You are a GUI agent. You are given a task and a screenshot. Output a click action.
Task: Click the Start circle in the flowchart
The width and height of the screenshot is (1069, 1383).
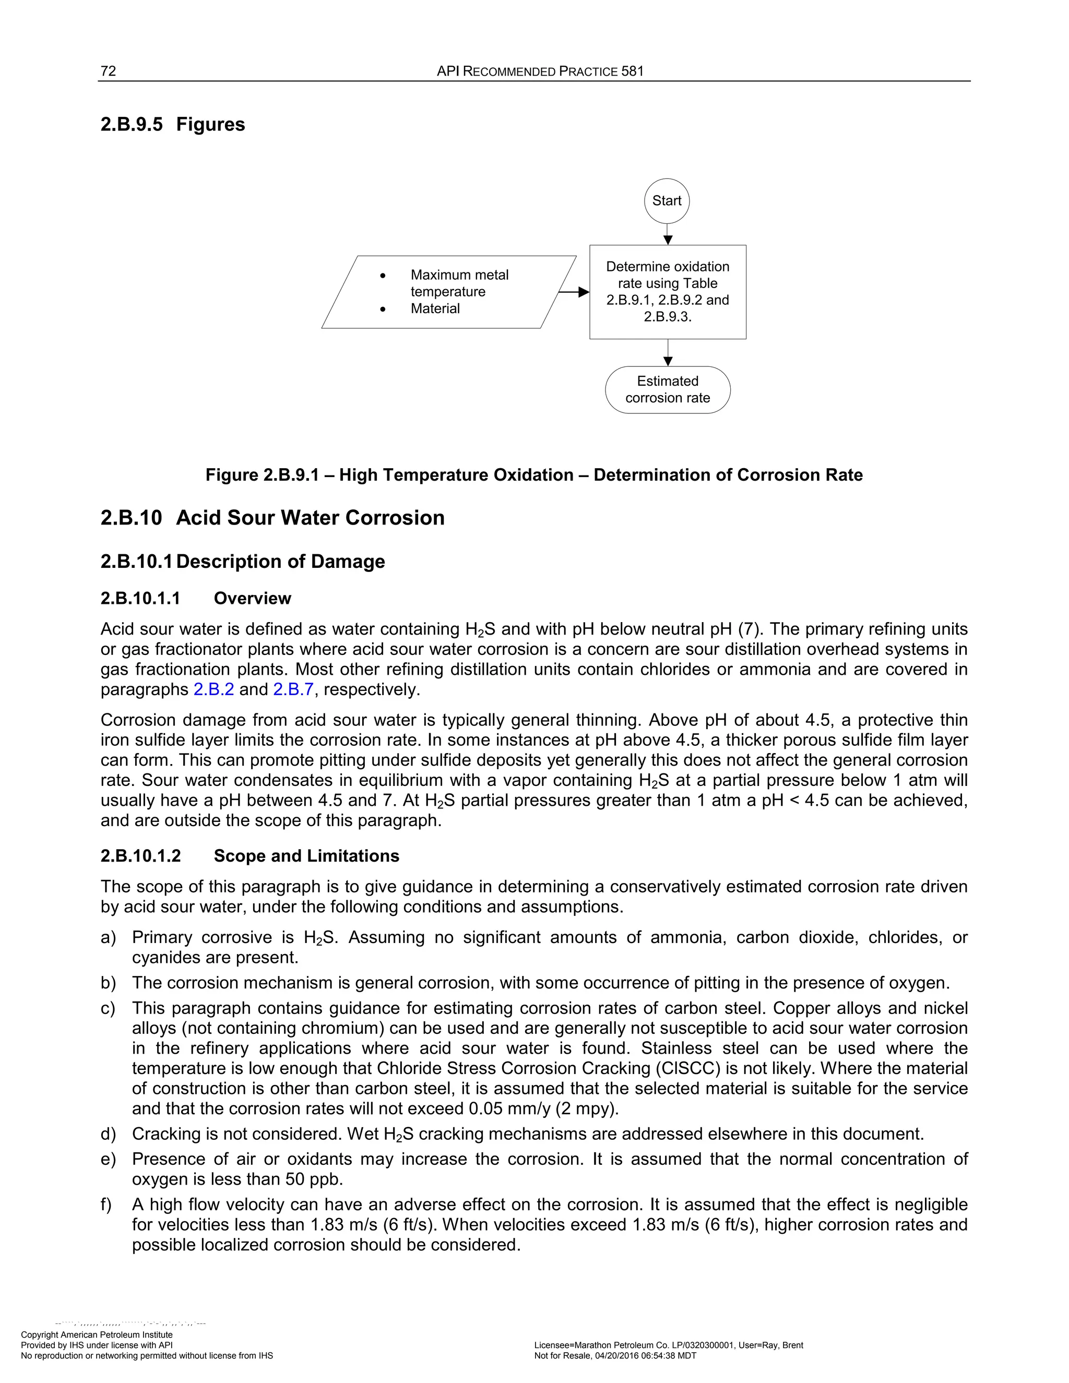tap(667, 201)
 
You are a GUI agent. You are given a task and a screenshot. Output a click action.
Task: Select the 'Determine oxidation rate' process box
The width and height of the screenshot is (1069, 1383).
tap(668, 292)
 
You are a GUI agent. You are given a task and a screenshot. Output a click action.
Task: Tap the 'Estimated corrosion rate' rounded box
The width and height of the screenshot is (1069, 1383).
tap(668, 389)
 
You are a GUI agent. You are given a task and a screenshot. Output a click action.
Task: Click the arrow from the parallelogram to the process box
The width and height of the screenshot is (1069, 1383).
tap(573, 292)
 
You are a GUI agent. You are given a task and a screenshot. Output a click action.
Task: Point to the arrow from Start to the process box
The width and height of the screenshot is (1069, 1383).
tap(668, 234)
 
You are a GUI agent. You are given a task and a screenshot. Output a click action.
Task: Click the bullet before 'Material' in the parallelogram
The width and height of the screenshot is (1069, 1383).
tap(382, 309)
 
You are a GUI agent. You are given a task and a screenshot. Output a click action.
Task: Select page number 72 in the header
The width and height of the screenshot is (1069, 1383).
tap(108, 71)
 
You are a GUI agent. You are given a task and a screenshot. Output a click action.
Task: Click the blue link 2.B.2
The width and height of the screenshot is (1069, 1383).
tap(213, 689)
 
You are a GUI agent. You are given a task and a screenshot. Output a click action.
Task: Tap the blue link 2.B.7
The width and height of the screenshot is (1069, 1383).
tap(293, 689)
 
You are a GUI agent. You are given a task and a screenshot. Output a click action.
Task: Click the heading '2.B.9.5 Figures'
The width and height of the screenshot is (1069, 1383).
tap(172, 124)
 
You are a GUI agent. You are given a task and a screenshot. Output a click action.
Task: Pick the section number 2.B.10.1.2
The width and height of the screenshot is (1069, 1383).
tap(140, 856)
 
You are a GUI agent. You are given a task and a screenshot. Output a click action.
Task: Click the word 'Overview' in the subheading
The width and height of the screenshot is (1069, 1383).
tap(252, 599)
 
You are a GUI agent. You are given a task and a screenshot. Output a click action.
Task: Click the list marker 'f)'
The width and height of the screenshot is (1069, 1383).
tap(107, 1205)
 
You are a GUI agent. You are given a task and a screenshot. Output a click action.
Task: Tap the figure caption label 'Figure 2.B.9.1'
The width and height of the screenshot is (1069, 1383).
tap(262, 475)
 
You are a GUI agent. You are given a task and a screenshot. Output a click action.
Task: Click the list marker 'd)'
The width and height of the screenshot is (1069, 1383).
tap(108, 1134)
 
